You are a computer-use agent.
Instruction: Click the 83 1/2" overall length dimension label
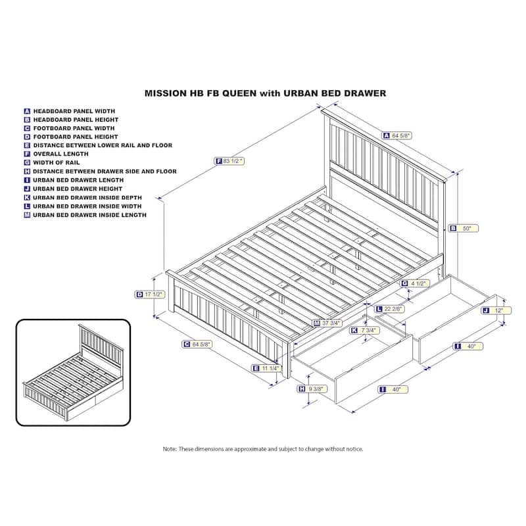coord(229,161)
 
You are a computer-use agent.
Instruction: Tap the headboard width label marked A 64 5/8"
coord(397,135)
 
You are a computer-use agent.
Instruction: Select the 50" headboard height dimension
coord(464,228)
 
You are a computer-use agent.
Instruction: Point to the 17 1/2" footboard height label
coord(150,295)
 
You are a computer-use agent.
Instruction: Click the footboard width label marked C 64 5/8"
coord(197,344)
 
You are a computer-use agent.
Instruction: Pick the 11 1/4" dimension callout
coord(266,368)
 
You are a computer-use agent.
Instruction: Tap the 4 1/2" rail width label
coord(416,283)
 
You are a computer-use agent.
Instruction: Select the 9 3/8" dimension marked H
coord(313,389)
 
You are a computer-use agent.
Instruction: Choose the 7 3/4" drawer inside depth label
coord(365,331)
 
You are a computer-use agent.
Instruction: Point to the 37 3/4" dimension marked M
coord(327,323)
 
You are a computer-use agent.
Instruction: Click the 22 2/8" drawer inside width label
coord(390,309)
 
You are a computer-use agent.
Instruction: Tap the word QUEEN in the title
coord(239,93)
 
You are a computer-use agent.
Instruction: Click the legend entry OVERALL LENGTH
coord(60,154)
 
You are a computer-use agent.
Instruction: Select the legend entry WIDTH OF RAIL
coord(57,162)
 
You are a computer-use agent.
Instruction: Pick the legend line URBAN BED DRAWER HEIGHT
coord(78,189)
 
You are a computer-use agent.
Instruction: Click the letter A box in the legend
coord(27,111)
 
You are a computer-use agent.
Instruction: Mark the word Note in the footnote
coord(170,449)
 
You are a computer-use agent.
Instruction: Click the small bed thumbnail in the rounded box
coord(73,372)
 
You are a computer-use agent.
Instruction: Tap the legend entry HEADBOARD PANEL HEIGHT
coord(76,120)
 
